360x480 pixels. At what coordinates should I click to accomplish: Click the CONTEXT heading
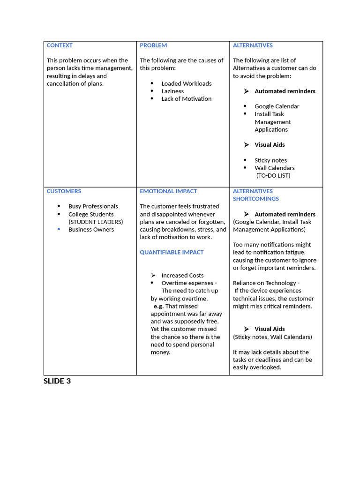pos(60,45)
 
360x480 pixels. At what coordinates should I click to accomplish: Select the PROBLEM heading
pos(153,45)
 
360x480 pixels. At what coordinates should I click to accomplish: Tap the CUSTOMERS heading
pos(64,191)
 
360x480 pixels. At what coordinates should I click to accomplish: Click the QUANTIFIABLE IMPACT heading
pos(172,252)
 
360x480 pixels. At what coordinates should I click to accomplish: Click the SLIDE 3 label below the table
pos(57,381)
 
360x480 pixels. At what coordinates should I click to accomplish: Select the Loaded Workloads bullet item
pos(187,83)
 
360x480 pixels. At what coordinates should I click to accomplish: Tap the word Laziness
pos(172,91)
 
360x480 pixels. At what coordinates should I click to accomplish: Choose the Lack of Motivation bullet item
pos(186,99)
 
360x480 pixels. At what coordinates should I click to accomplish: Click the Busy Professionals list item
pos(93,206)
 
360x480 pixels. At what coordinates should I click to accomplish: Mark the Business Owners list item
pos(91,230)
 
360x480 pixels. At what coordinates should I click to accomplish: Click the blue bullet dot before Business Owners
pos(59,229)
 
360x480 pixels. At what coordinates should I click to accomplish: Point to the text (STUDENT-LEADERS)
pos(96,222)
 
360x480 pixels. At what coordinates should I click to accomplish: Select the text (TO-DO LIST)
pos(273,176)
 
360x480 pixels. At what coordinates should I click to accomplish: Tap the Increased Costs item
pos(182,276)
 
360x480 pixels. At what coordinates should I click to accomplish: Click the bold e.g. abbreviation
pos(158,306)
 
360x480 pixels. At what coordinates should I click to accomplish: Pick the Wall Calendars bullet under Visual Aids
pos(275,168)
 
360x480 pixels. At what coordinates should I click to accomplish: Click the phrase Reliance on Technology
pos(264,283)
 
